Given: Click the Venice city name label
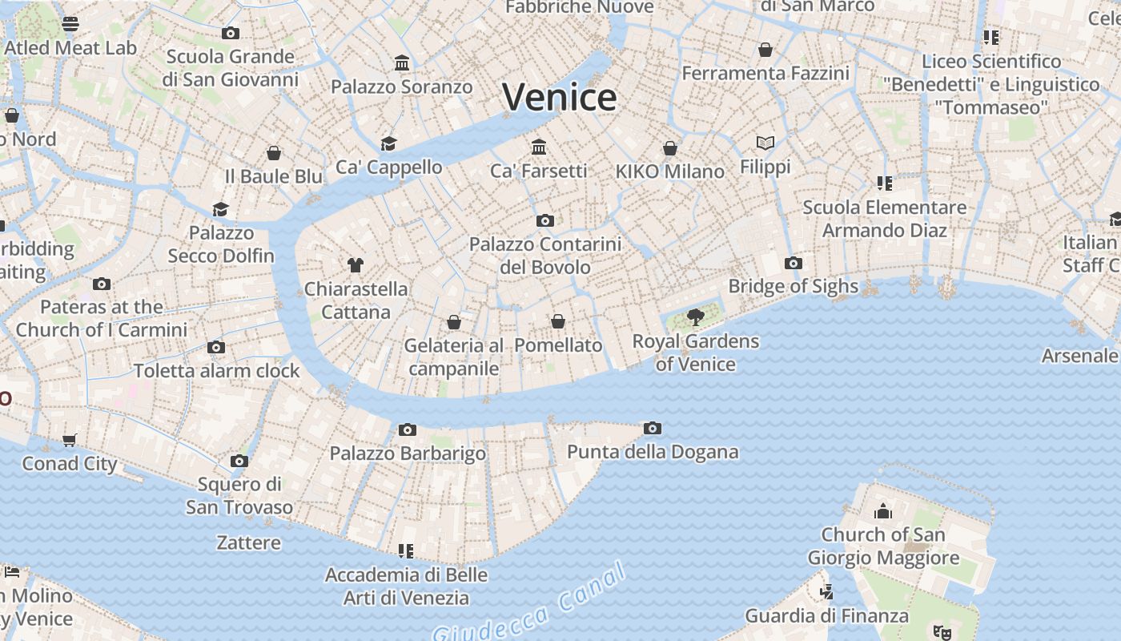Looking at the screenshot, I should pos(560,97).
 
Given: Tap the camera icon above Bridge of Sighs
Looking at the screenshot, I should pos(793,263).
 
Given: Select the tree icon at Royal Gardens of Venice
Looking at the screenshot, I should pos(695,317).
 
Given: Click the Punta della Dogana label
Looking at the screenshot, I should pos(653,452).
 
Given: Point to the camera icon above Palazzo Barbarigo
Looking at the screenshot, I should pos(408,430).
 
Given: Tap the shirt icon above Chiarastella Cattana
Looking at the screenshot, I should pos(356,265).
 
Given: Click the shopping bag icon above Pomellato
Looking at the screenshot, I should pos(558,322).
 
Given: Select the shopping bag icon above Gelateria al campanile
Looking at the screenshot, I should pos(454,323).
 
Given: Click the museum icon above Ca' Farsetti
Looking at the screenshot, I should pos(539,147).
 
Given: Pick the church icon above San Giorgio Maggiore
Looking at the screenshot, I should pos(883,511).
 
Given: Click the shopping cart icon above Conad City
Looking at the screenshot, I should pos(70,440).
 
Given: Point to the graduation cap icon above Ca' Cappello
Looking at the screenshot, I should pos(388,143).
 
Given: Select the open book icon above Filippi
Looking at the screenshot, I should pos(765,143).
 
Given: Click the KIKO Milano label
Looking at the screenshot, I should pos(669,171).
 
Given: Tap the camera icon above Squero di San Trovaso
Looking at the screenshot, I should pos(239,462).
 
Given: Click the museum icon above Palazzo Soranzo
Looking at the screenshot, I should pos(402,63).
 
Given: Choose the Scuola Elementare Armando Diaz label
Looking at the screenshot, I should pos(885,219).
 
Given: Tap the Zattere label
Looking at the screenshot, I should pos(249,543).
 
